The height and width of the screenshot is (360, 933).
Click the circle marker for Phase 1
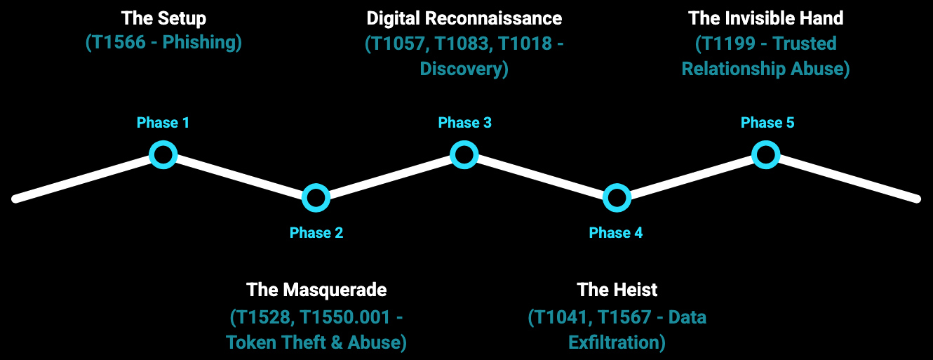click(163, 154)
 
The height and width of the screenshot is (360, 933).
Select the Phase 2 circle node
click(316, 198)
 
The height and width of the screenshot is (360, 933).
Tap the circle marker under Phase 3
click(464, 154)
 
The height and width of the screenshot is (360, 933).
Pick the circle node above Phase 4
click(616, 198)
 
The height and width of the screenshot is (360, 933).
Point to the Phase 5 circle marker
click(766, 154)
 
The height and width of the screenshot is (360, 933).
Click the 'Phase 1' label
click(163, 123)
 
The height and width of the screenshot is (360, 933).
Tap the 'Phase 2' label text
click(316, 233)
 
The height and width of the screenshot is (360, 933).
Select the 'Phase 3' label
click(464, 123)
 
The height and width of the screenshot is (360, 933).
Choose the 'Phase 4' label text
click(616, 233)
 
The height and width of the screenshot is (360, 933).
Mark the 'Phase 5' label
click(767, 123)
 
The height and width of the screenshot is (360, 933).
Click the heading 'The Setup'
click(163, 18)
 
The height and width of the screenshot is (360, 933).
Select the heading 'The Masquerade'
click(316, 289)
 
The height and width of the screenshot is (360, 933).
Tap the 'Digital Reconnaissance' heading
click(464, 18)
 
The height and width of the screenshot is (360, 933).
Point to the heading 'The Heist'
click(617, 289)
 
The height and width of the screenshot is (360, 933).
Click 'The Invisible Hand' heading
click(766, 18)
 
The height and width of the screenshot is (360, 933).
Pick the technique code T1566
click(120, 43)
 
